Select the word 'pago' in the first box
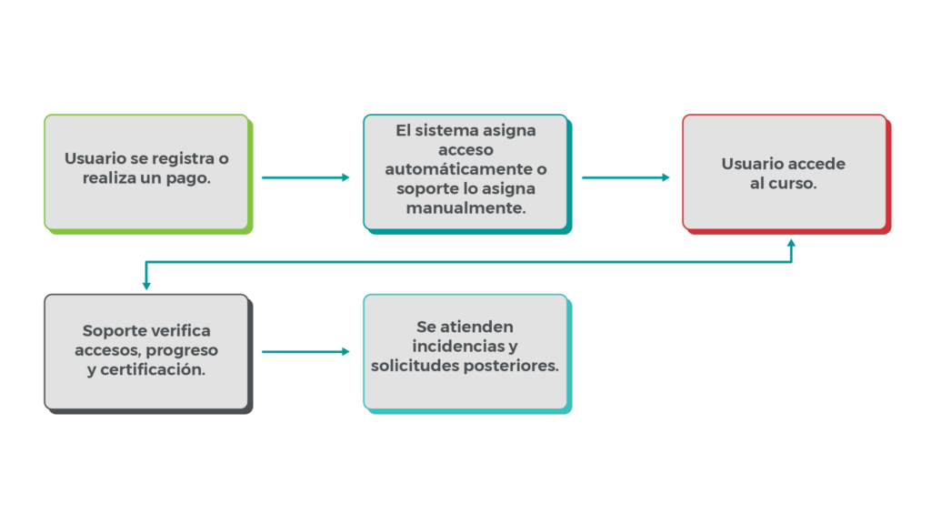coord(190,178)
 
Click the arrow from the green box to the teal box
coord(305,177)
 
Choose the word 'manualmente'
coord(465,208)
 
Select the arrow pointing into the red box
coord(626,177)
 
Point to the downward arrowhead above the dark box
coord(146,286)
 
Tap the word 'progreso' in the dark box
coord(185,350)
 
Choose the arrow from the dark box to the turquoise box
coord(305,351)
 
